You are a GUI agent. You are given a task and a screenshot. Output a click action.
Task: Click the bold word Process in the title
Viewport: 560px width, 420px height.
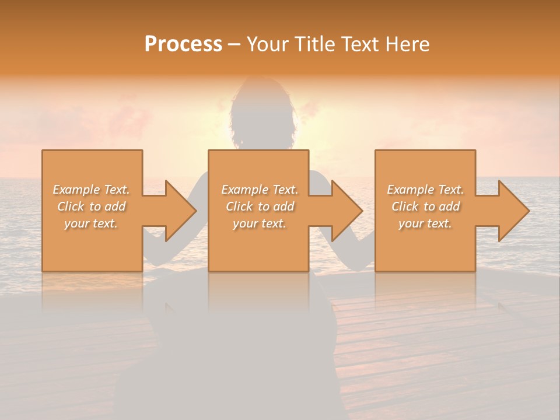[183, 44]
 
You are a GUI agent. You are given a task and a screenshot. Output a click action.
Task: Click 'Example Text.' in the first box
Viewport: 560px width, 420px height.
[91, 190]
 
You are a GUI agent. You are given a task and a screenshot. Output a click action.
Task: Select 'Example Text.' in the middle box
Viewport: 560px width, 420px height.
[260, 190]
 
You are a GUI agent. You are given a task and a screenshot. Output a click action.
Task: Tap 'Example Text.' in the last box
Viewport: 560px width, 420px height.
[425, 190]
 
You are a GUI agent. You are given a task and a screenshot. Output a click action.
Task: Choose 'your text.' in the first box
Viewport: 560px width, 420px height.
[91, 223]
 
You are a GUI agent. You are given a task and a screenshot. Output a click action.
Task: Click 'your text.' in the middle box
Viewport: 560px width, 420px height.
[260, 223]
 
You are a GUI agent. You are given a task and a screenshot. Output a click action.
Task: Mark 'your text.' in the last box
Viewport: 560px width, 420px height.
[425, 223]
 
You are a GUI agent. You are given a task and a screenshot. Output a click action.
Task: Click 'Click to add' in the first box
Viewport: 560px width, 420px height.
[91, 206]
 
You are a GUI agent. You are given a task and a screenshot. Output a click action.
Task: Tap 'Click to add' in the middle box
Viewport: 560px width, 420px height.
[260, 206]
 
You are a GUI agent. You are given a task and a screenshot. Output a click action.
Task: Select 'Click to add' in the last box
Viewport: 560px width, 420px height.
[425, 206]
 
